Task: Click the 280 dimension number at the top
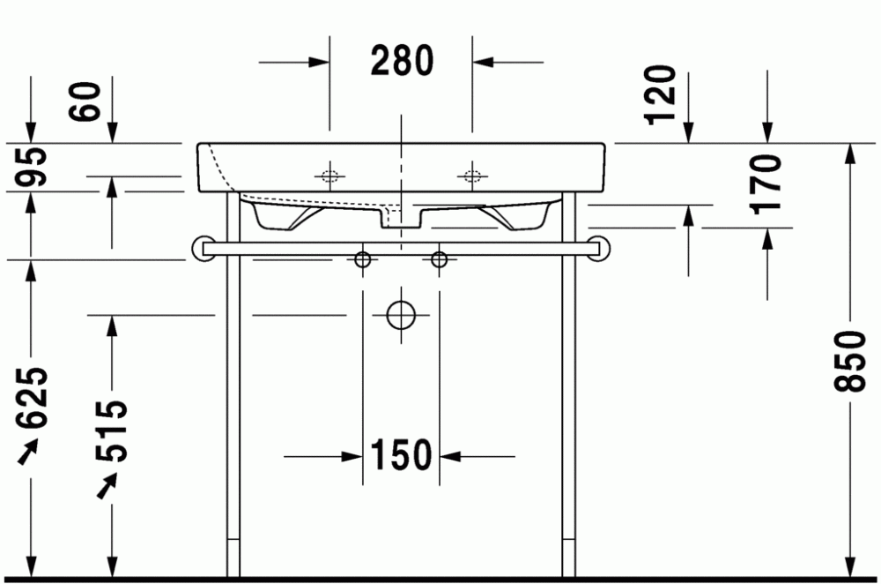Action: tap(403, 61)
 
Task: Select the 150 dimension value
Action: tap(401, 455)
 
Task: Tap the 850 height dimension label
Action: tap(849, 361)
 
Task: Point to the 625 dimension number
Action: tap(33, 397)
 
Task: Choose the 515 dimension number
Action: tap(112, 431)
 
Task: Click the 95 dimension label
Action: tap(31, 167)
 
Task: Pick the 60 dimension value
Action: tap(85, 101)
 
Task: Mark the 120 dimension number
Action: tap(660, 95)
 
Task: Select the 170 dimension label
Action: tap(766, 184)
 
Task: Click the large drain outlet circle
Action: tap(401, 315)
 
